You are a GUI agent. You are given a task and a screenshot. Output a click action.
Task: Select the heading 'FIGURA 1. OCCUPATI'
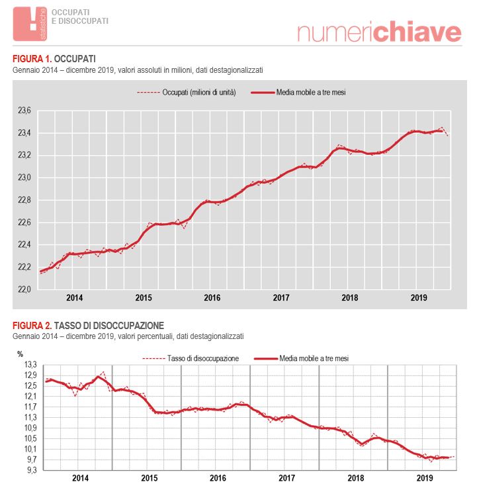pos(54,60)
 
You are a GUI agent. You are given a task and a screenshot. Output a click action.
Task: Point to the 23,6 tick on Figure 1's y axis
pos(24,111)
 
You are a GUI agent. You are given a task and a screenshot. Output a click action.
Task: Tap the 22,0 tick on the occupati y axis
pos(24,289)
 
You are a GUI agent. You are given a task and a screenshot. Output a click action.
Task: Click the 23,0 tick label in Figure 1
pos(24,177)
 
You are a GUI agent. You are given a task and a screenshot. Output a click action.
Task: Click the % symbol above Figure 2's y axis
pos(21,354)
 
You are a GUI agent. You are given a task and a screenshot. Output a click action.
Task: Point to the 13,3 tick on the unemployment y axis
pos(30,364)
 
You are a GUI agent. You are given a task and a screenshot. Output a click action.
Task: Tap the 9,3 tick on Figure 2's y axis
pos(30,470)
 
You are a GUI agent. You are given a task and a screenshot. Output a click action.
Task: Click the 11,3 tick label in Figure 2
pos(30,417)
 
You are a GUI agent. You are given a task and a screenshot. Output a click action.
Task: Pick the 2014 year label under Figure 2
pos(79,478)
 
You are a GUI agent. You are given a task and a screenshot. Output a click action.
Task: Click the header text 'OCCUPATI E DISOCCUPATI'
pos(80,17)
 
